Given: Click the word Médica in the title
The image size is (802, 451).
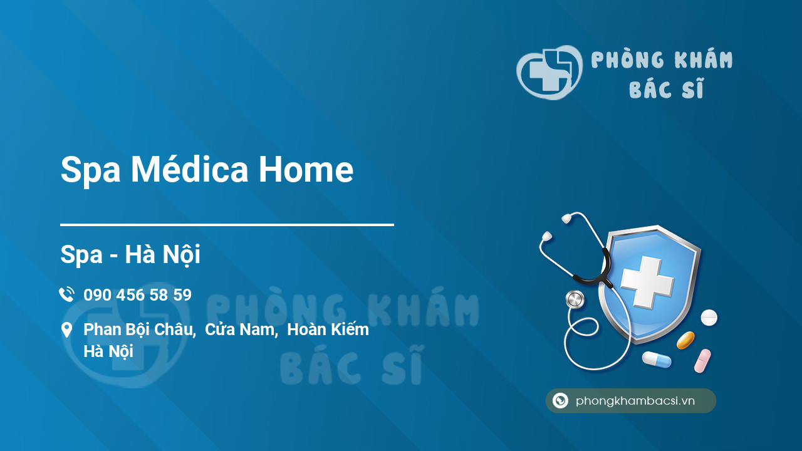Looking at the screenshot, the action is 190,169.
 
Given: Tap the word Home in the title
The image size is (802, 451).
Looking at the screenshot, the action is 306,169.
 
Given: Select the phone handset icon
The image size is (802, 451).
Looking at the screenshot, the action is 66,294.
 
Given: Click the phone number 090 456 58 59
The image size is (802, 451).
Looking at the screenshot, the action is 137,295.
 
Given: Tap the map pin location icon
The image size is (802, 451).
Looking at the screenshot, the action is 66,329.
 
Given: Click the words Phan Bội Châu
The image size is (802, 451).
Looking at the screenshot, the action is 140,329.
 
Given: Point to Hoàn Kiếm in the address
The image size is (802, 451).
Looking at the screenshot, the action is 328,329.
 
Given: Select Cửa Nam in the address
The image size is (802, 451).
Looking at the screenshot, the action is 241,329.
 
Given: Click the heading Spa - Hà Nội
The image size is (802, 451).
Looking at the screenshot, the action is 130,254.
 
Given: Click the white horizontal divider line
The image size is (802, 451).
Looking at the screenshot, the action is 227,225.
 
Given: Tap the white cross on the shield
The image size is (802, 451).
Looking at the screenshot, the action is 647,282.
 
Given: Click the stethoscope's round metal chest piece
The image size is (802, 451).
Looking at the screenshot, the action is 575,299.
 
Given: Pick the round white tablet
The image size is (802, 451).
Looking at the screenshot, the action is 709,318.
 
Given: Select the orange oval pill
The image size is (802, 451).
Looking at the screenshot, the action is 685,340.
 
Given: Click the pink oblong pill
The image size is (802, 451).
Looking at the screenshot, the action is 702,361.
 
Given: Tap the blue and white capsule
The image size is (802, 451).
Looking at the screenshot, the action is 657,360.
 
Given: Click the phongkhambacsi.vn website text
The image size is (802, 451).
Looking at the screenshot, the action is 635,401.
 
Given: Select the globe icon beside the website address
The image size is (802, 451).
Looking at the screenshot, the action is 560,400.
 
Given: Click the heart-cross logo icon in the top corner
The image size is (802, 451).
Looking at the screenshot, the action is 549,72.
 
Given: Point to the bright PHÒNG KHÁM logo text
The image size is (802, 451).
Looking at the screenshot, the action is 662,60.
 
